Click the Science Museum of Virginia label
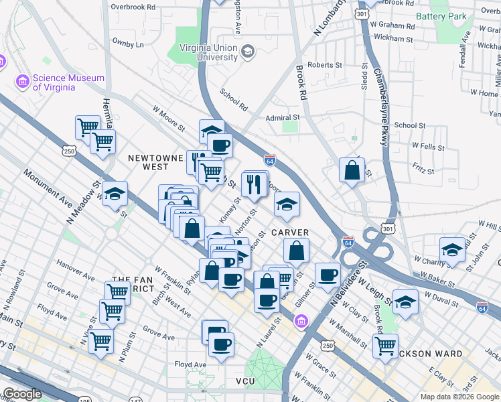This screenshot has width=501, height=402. [x=68, y=82]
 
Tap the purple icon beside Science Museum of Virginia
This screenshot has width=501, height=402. [x=23, y=82]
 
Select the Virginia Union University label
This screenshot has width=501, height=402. [x=208, y=52]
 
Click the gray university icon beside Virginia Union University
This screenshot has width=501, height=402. [x=248, y=52]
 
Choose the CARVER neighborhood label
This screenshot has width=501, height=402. [x=290, y=232]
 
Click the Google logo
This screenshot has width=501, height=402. [x=22, y=394]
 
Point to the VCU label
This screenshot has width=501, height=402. [x=246, y=381]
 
